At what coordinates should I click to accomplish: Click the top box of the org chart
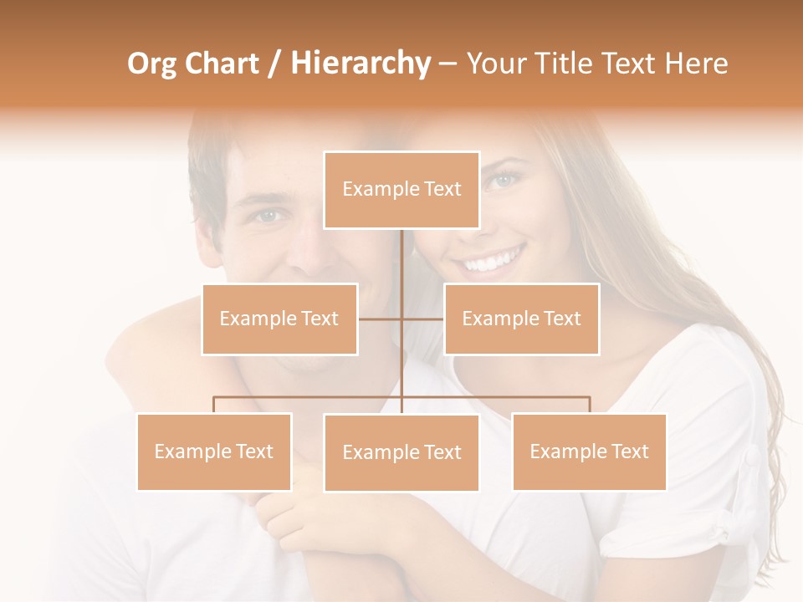(x=401, y=190)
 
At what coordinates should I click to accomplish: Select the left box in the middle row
(x=279, y=319)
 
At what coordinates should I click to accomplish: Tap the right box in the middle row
(x=521, y=319)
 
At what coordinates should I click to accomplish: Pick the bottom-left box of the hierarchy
(x=214, y=451)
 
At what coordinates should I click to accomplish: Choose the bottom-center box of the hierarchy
(x=401, y=452)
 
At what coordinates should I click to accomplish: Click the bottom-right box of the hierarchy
(x=589, y=451)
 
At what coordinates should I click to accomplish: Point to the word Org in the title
(x=152, y=64)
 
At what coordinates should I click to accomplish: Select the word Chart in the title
(x=220, y=64)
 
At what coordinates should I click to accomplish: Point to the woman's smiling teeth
(x=493, y=262)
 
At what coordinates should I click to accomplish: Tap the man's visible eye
(x=269, y=215)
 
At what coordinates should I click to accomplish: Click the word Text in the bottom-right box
(x=628, y=451)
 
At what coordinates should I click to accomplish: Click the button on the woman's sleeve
(x=752, y=457)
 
